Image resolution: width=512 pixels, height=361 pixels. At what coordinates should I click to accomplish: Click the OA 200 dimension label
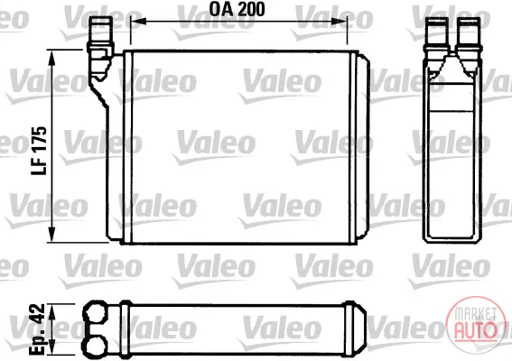(237, 9)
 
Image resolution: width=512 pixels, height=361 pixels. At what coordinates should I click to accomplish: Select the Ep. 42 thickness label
(36, 329)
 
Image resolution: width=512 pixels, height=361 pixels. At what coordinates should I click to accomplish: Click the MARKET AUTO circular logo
(475, 324)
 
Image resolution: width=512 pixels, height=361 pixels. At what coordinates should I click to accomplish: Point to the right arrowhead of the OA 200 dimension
(339, 22)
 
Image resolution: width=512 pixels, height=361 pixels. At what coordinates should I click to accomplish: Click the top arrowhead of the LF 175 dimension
(52, 58)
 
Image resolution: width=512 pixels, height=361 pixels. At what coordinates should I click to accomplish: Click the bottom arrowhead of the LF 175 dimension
(52, 235)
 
